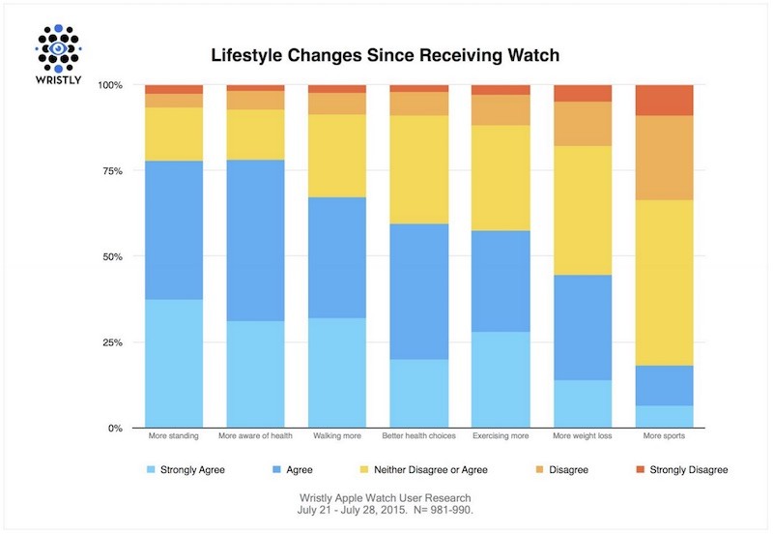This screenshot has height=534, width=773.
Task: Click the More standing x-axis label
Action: click(174, 436)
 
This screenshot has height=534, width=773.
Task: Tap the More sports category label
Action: click(664, 436)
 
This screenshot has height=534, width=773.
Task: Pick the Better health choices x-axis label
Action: click(418, 436)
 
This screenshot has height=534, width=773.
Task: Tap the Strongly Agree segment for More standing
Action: click(174, 364)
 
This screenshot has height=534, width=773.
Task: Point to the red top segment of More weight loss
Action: click(582, 93)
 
